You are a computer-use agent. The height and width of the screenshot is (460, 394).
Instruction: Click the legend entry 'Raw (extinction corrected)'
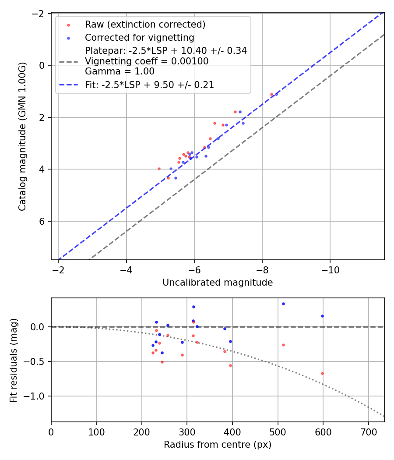[145, 25]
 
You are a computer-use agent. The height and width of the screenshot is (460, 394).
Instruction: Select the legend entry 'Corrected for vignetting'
[139, 38]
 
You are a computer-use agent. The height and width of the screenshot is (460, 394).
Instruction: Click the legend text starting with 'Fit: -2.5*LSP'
[149, 85]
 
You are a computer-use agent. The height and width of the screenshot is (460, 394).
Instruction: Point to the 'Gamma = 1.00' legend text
[120, 71]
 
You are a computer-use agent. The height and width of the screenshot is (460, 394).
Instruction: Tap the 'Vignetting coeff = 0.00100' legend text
[147, 61]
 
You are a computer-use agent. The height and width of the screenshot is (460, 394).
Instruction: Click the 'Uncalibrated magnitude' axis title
[218, 283]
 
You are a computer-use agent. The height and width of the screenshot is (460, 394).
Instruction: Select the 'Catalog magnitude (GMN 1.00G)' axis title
[22, 136]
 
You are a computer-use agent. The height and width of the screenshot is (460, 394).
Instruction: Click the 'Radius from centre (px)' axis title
[218, 445]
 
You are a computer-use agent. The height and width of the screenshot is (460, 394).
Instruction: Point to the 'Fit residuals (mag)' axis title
[14, 360]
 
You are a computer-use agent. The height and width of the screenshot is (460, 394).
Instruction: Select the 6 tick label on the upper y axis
[42, 221]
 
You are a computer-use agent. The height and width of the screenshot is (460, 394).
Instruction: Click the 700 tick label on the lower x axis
[369, 432]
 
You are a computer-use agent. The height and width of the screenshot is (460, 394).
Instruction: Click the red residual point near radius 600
[322, 373]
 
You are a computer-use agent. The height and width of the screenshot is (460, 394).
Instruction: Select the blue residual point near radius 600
[322, 316]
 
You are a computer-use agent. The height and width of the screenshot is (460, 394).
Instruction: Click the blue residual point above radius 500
[283, 304]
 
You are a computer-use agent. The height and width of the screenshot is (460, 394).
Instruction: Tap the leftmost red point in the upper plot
[159, 169]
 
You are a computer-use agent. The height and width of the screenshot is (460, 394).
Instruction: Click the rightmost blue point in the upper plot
[276, 94]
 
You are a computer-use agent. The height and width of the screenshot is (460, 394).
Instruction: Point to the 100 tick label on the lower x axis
[96, 432]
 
